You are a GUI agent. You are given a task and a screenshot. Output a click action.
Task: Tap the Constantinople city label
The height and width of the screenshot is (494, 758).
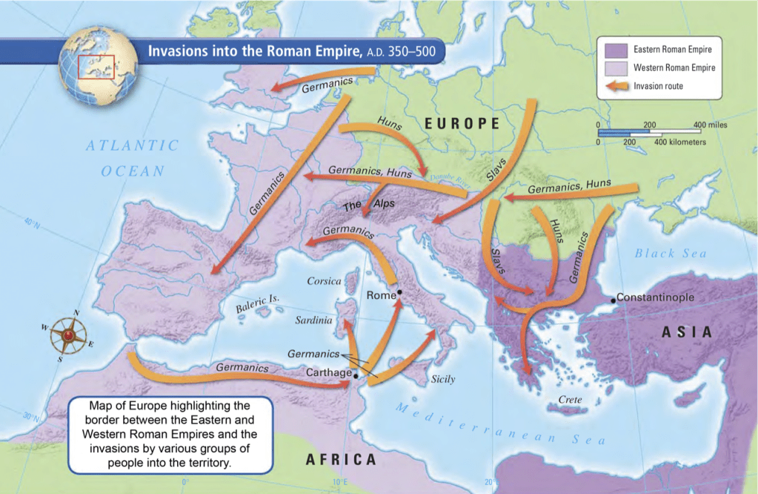pos(655,297)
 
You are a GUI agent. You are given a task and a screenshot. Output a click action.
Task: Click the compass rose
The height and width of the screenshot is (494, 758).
pos(68,335)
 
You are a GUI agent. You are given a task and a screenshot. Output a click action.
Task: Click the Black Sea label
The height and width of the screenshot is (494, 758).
pos(671,253)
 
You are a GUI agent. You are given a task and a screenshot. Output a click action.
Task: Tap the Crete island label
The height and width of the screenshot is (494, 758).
pos(571,400)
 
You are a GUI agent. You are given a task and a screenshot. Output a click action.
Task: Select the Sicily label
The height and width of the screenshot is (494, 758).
pos(443,379)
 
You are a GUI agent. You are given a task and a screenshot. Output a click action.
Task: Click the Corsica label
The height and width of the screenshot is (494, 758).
pos(325,281)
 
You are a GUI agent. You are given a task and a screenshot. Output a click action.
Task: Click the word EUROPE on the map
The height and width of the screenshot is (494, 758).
pos(462,123)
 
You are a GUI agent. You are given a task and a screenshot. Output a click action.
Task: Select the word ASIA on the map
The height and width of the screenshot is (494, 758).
pos(686,333)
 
